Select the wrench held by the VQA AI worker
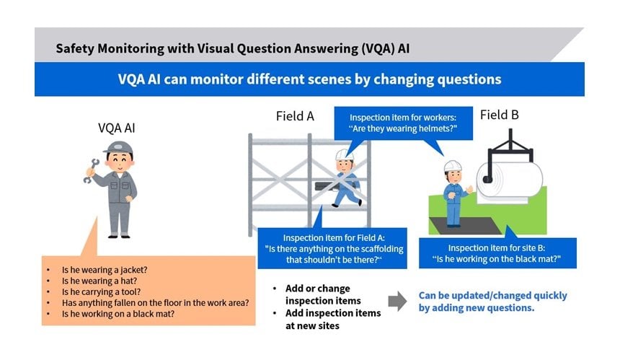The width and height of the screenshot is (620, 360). click(x=89, y=171)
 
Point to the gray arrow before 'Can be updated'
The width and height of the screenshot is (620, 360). click(x=397, y=302)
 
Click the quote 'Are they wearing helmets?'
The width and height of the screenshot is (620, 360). click(x=404, y=129)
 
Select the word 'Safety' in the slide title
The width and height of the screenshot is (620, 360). click(x=76, y=48)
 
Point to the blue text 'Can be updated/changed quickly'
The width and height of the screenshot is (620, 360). click(x=492, y=296)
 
